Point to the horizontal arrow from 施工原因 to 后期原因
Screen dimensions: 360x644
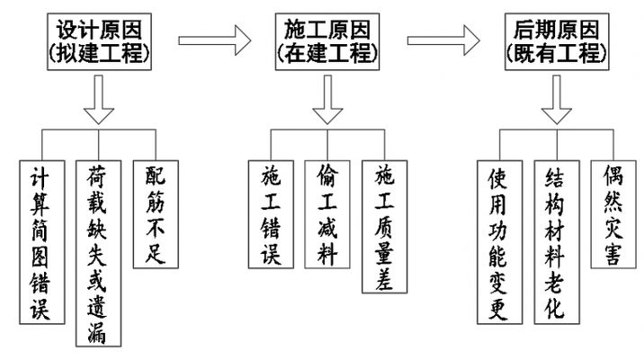pyautogui.click(x=441, y=40)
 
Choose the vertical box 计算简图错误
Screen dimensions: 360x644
pyautogui.click(x=41, y=242)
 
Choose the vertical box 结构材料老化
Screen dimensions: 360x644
pyautogui.click(x=554, y=242)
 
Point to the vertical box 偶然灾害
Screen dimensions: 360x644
pyautogui.click(x=611, y=214)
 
